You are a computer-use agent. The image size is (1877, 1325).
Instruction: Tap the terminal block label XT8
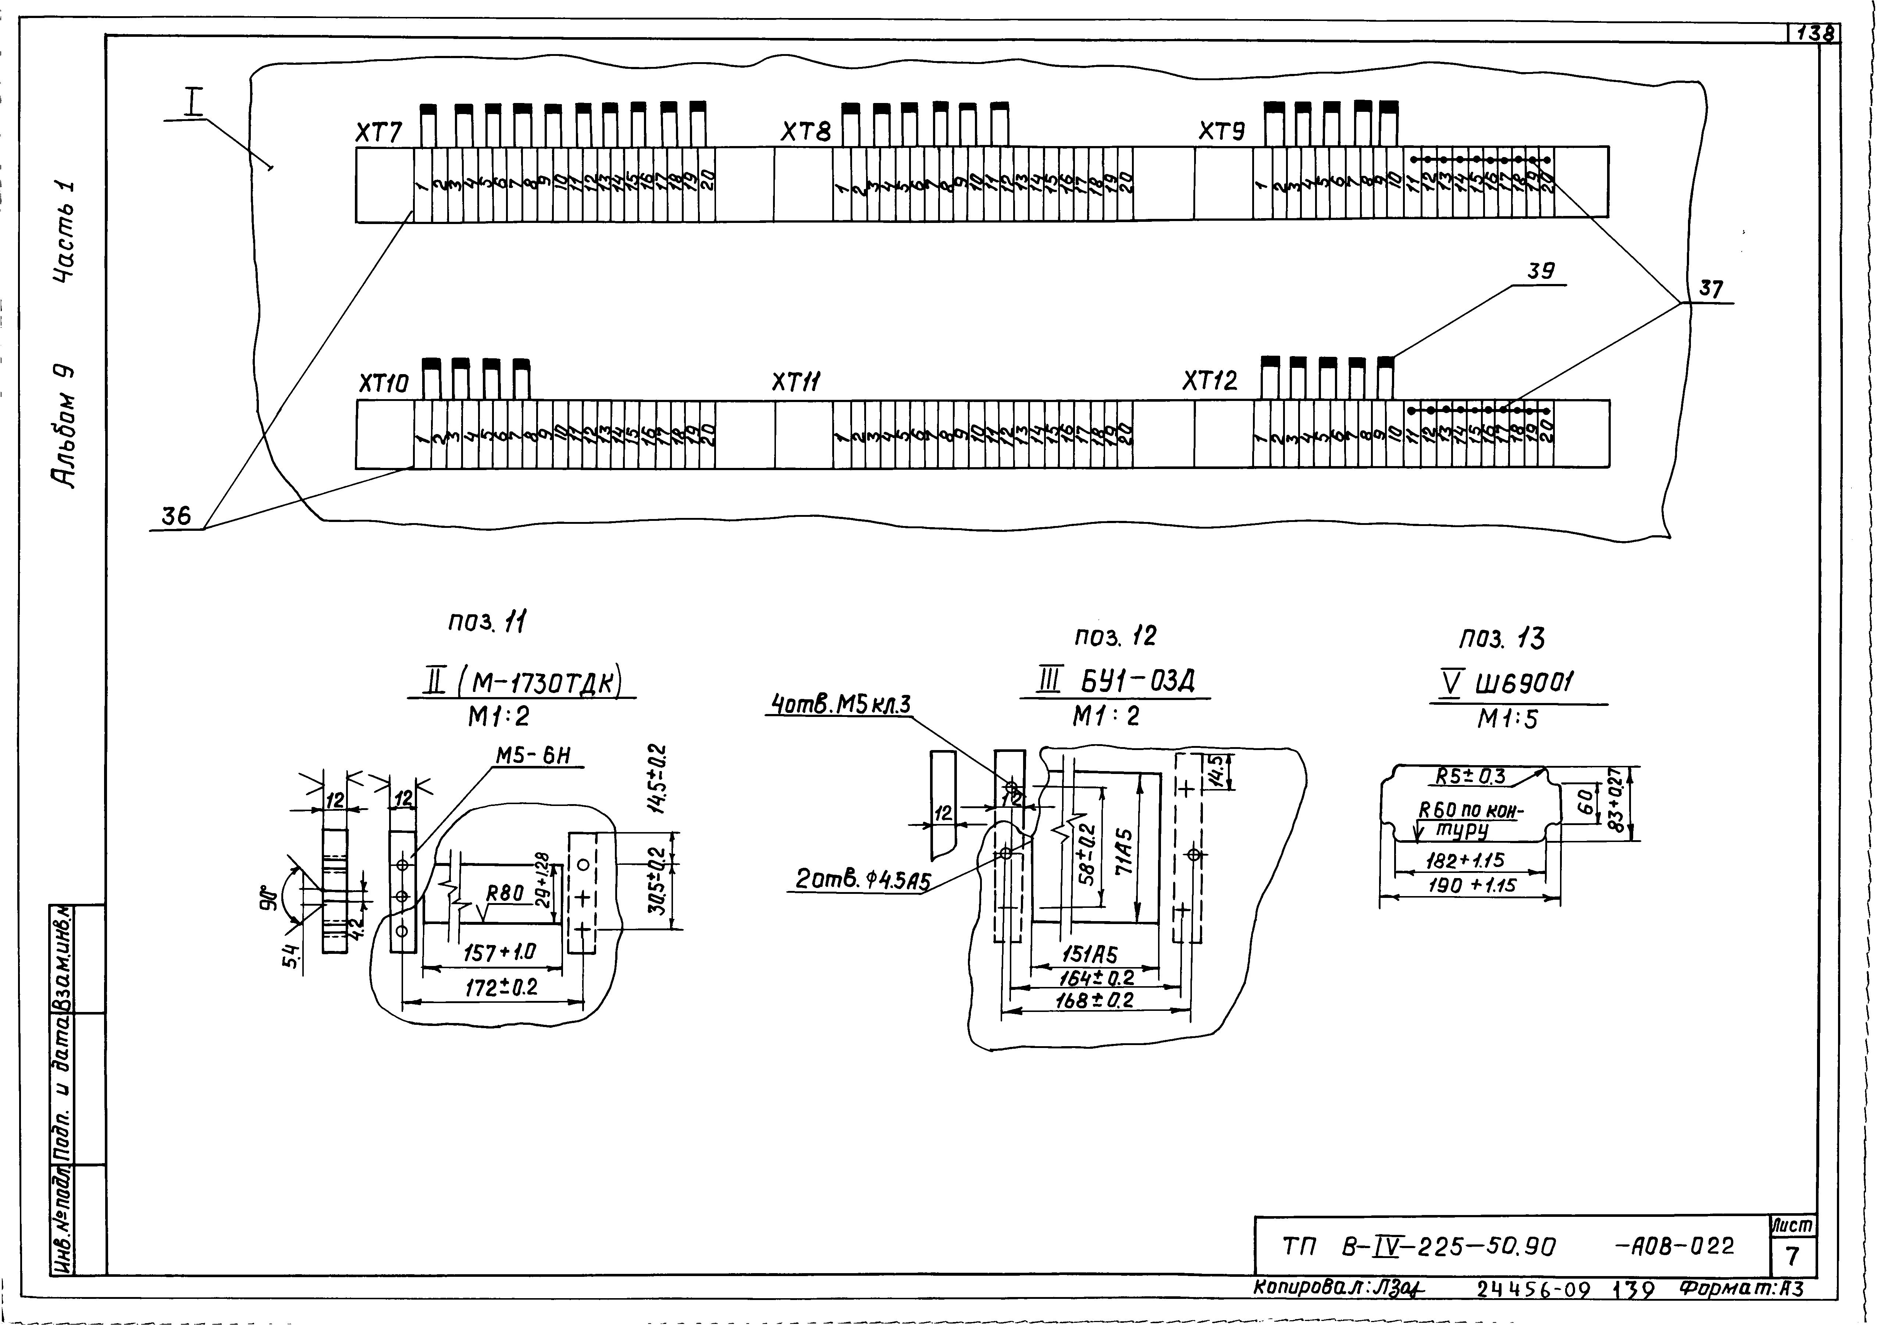coord(805,132)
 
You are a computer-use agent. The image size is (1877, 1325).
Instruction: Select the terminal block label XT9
coord(1222,131)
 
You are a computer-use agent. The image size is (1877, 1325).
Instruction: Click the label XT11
coord(797,382)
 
